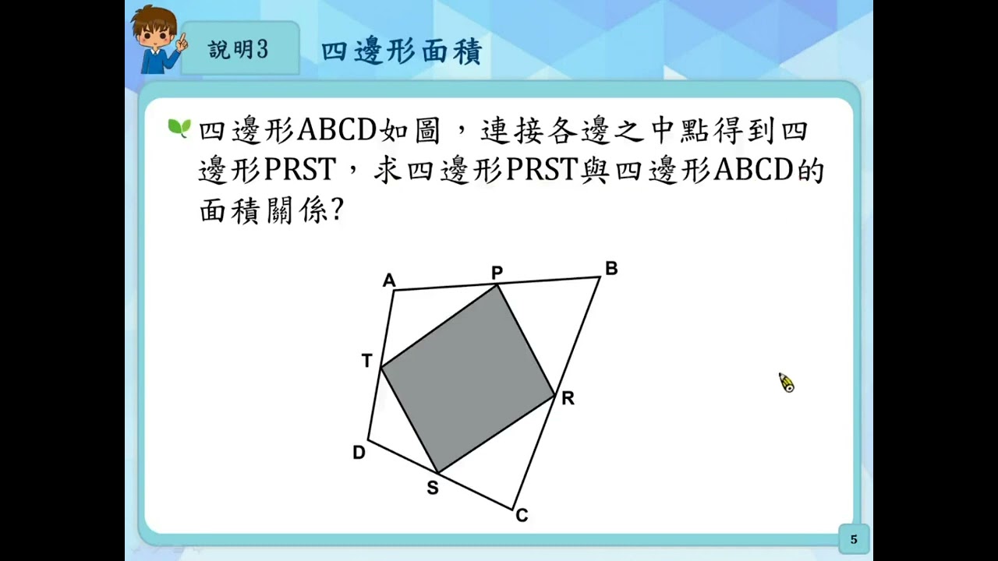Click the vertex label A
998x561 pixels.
click(389, 280)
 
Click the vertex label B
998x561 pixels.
click(611, 269)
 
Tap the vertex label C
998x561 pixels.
click(522, 516)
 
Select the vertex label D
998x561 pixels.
click(359, 453)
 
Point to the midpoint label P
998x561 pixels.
click(497, 272)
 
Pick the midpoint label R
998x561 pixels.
click(568, 398)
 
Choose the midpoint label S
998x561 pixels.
click(432, 489)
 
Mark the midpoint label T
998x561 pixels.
click(367, 361)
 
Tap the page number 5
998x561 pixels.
click(854, 539)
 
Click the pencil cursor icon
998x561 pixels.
click(786, 383)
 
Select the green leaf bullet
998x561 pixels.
click(179, 128)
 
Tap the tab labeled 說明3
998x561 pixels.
click(239, 50)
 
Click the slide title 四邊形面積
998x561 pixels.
click(402, 51)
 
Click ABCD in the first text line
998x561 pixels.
click(338, 130)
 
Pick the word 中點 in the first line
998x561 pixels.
click(677, 130)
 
